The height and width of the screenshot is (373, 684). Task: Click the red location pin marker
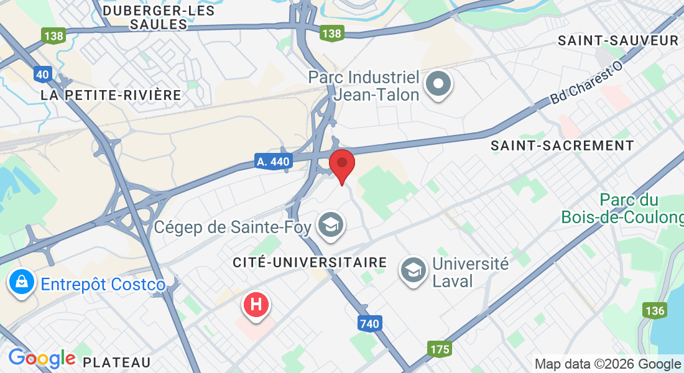341,163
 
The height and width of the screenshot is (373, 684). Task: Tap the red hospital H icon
256,305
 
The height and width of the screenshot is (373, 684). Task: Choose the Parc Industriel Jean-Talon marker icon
438,84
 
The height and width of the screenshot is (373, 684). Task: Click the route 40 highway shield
42,75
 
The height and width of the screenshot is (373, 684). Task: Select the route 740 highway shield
369,323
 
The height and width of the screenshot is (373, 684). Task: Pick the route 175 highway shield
440,349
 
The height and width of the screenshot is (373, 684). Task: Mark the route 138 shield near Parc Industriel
332,34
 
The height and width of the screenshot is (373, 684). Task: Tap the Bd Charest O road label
586,87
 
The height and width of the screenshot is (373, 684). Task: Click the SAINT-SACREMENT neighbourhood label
562,145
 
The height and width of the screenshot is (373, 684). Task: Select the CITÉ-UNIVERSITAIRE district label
310,263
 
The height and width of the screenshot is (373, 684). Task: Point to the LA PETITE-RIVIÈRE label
111,95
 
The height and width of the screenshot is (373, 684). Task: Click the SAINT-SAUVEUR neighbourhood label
618,41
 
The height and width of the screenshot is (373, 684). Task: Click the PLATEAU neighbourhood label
117,362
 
